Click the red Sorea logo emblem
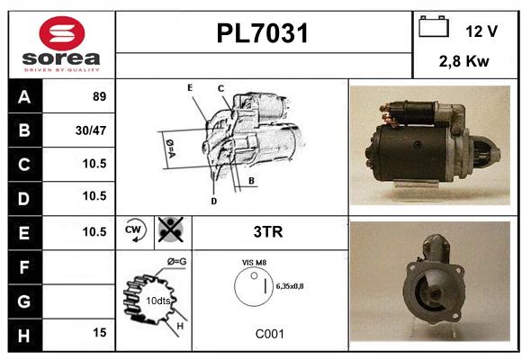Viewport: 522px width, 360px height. click(x=62, y=33)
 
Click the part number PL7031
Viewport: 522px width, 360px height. click(x=262, y=33)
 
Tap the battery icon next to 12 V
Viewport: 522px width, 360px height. click(x=434, y=26)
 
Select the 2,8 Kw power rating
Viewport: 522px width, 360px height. click(x=464, y=61)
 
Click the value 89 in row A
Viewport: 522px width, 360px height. click(x=100, y=96)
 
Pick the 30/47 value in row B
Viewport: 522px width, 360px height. click(x=91, y=130)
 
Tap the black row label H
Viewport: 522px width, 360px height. click(x=24, y=336)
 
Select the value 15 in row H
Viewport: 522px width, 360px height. click(x=100, y=332)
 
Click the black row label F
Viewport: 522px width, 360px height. click(x=24, y=267)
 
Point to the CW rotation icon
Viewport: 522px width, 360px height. click(x=134, y=230)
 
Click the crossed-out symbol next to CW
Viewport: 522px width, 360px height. click(x=171, y=229)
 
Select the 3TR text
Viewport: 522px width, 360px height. click(x=268, y=232)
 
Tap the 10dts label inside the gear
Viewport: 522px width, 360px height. click(x=157, y=301)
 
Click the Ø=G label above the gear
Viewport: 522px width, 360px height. click(x=176, y=262)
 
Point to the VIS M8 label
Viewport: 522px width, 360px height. click(x=254, y=263)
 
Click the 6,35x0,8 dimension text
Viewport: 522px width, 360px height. click(x=290, y=286)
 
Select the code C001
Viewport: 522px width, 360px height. click(x=270, y=334)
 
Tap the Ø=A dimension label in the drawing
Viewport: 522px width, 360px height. click(x=170, y=148)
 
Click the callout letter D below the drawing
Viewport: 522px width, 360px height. click(x=213, y=201)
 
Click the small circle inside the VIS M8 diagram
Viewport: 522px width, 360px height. click(x=254, y=275)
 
